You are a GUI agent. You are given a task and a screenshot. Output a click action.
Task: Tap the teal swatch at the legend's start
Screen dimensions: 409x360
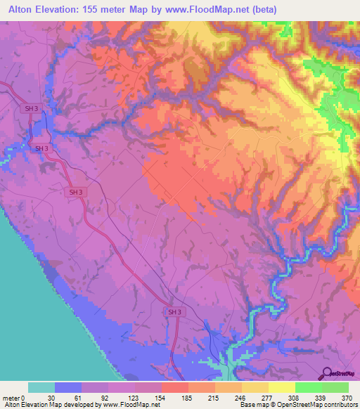(41, 387)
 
